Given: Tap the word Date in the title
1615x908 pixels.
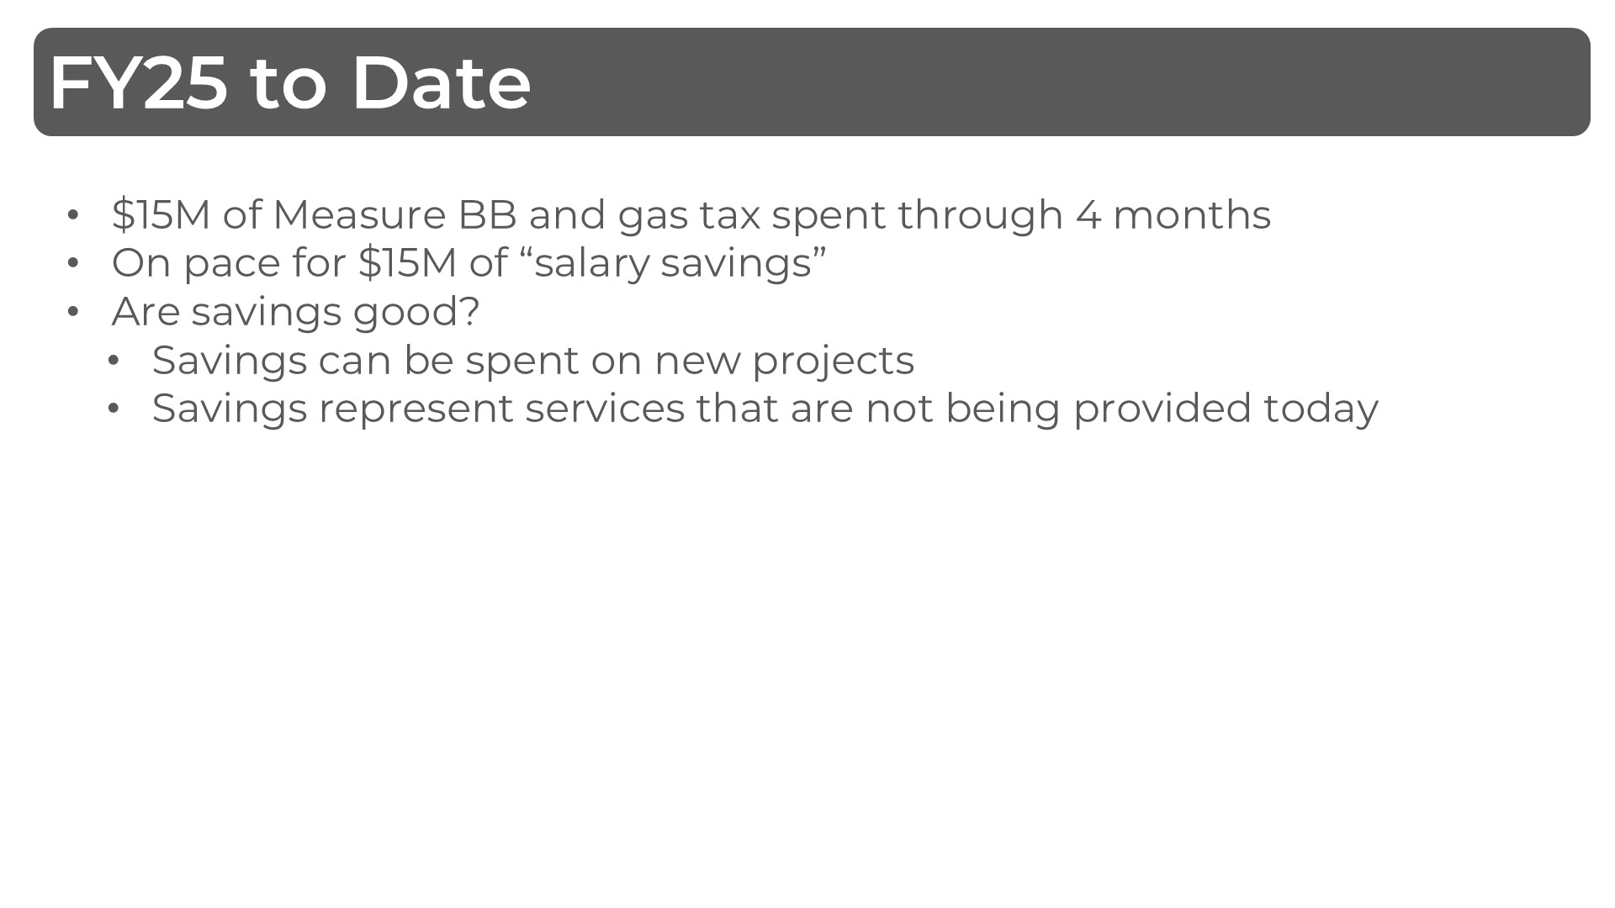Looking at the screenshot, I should click(x=441, y=82).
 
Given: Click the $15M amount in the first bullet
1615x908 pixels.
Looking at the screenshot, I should click(x=161, y=214).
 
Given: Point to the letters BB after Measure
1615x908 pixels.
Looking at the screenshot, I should click(x=487, y=214).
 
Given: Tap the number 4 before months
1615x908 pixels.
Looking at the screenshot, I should click(x=1088, y=214).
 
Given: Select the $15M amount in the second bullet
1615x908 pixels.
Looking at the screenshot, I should click(x=407, y=263).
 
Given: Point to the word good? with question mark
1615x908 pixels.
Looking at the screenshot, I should click(x=416, y=312).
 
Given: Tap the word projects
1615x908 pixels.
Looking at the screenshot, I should click(x=833, y=361).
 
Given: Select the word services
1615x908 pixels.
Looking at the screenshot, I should click(x=605, y=409).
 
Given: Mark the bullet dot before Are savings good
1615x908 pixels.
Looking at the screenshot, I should click(x=73, y=312).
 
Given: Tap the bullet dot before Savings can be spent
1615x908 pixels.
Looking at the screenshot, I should click(x=114, y=361).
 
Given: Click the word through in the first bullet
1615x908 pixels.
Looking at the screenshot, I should click(x=980, y=214).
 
